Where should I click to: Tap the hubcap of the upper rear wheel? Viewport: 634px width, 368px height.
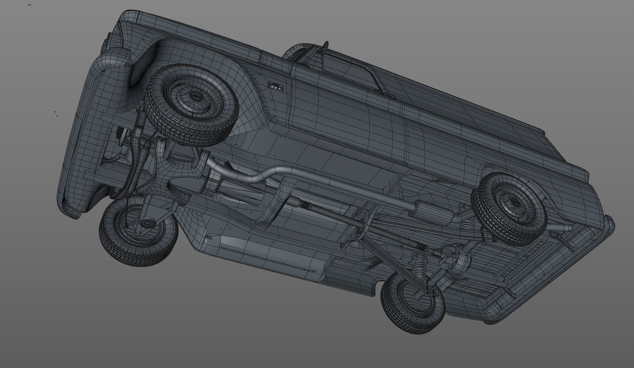coord(513,202)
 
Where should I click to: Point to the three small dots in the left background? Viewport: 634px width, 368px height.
coord(56,114)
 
